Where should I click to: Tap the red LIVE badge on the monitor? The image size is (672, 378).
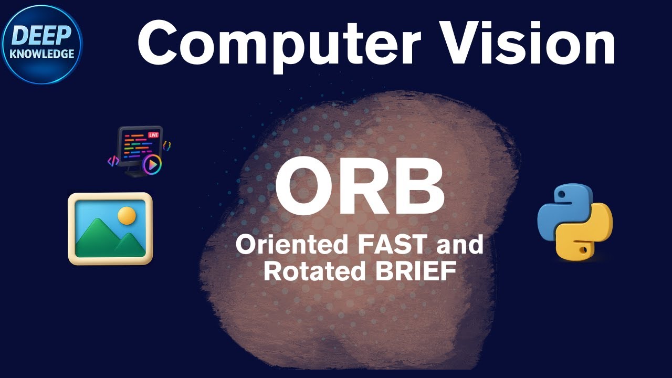[x=153, y=135]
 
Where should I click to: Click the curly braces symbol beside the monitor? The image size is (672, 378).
[x=167, y=145]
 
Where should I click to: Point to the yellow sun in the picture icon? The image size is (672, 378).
[x=127, y=215]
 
